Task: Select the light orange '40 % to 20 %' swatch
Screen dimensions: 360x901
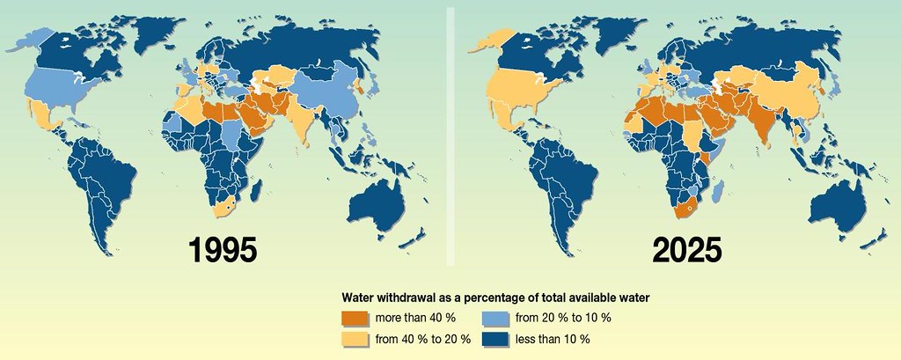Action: point(356,337)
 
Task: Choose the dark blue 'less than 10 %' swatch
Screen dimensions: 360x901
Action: point(500,337)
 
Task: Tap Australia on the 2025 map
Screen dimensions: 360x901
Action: point(846,202)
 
